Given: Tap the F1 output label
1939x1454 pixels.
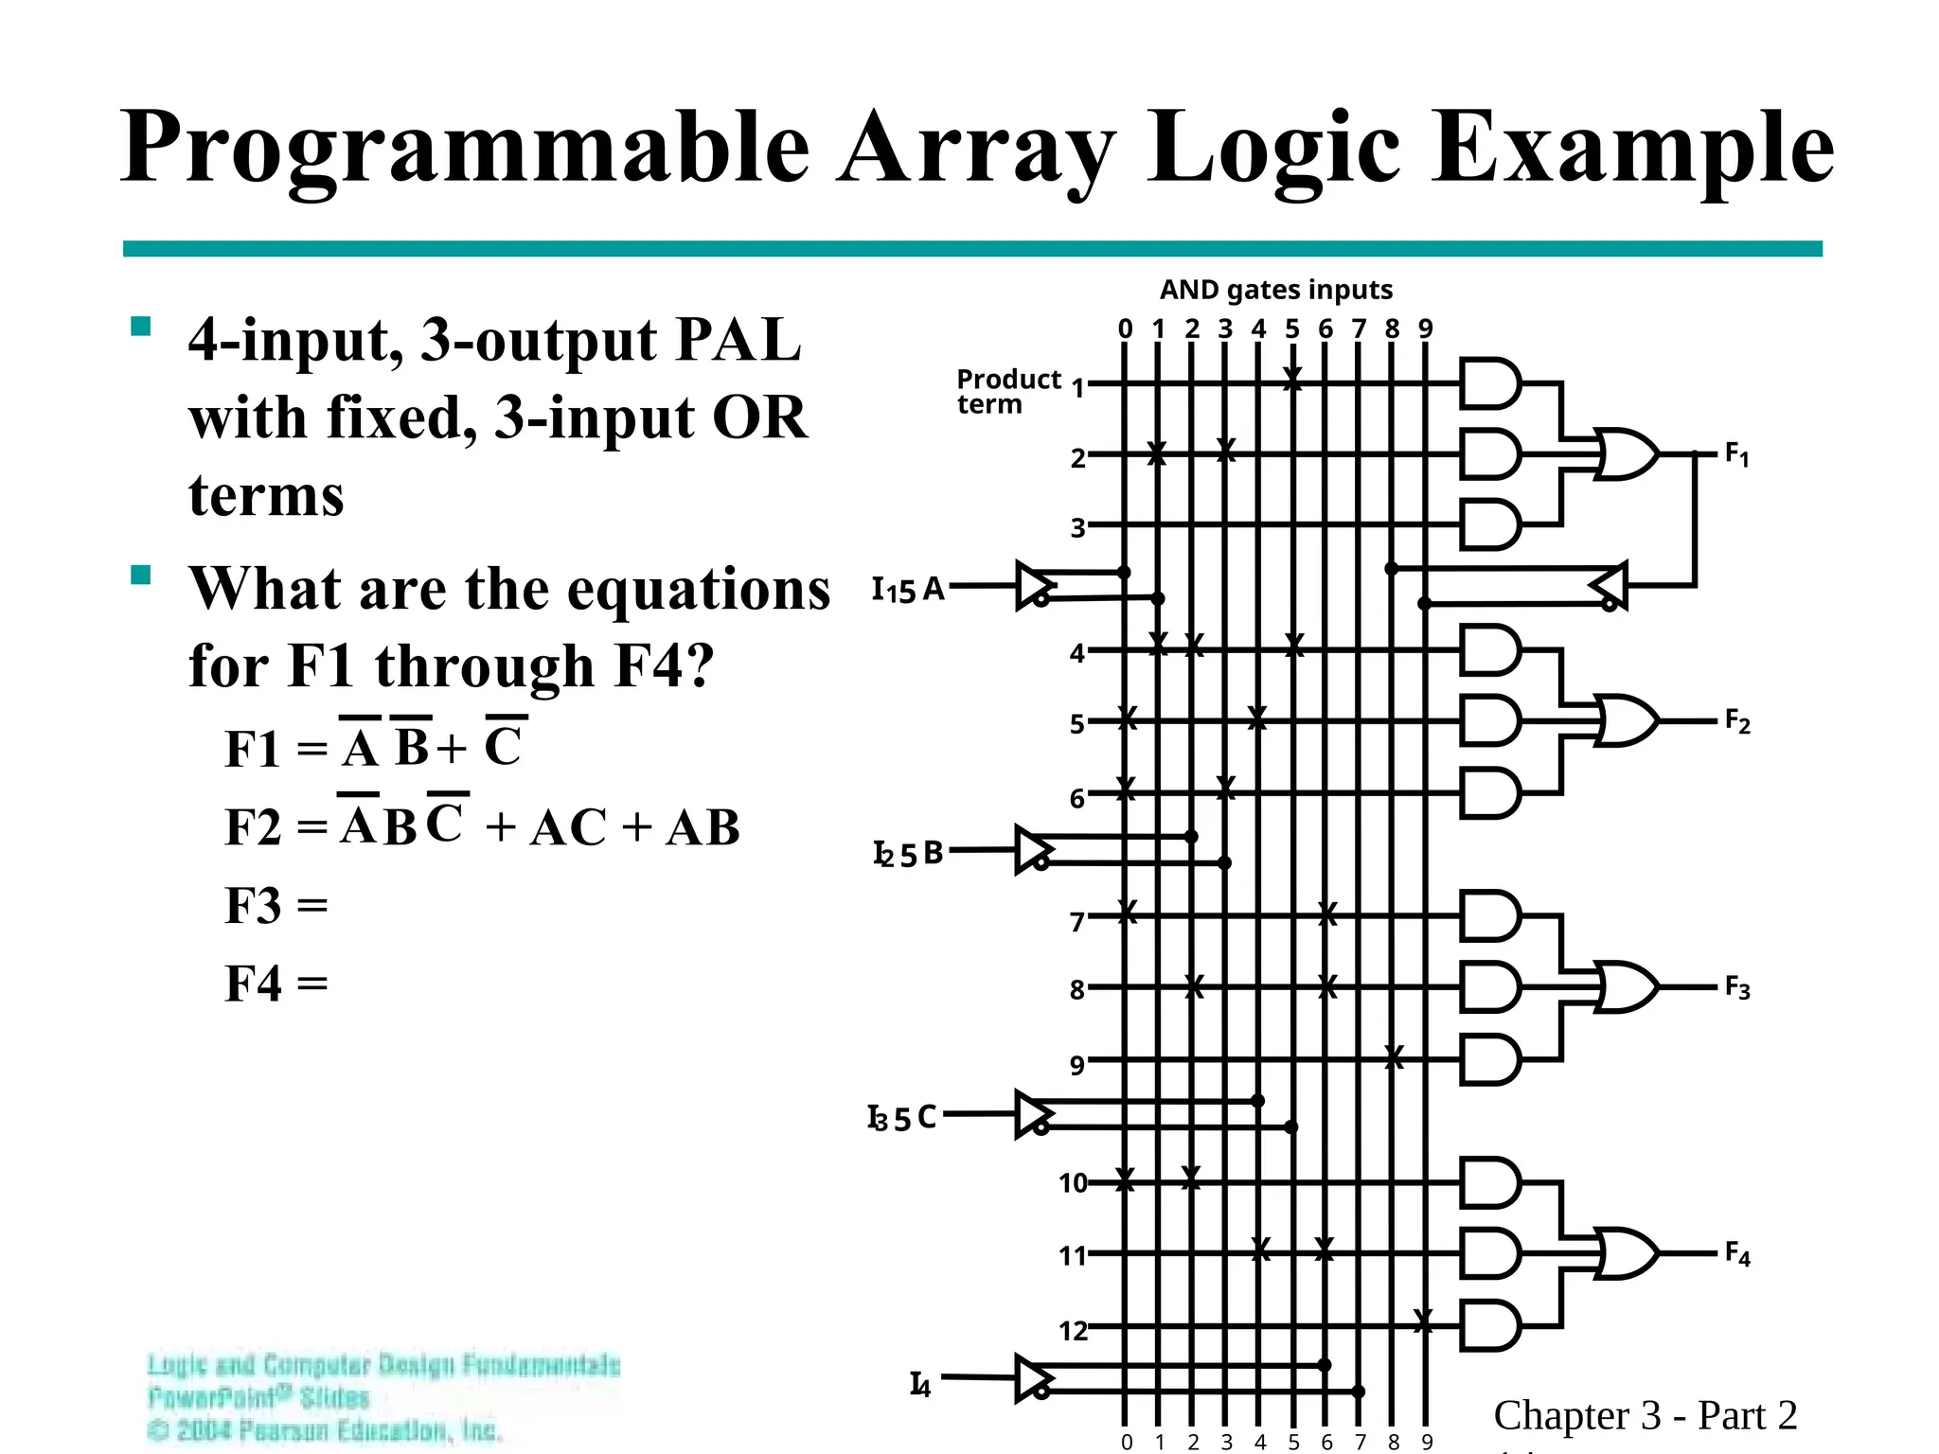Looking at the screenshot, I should coord(1736,454).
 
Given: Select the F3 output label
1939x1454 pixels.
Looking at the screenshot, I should coord(1736,987).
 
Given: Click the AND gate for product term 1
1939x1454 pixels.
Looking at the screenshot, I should coord(1489,383).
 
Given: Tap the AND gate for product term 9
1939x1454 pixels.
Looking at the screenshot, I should coord(1489,1058).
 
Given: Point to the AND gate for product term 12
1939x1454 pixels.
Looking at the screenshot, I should coord(1489,1324).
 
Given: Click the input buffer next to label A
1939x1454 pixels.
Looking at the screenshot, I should coord(1034,586).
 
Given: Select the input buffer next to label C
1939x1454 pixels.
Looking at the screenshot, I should coord(1034,1114).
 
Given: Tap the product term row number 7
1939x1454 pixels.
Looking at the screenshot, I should coord(1076,921).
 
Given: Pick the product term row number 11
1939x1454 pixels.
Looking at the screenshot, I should coord(1072,1256).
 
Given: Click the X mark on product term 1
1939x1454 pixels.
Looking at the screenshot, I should coord(1292,380).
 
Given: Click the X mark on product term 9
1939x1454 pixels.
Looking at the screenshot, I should coord(1393,1057).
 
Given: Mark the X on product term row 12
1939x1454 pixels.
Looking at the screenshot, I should coord(1423,1321).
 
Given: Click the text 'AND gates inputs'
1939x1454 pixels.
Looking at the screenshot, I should coord(1275,290).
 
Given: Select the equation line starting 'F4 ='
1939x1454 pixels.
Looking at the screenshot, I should coord(276,984).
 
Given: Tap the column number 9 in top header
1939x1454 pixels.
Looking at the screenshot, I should coord(1426,328).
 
